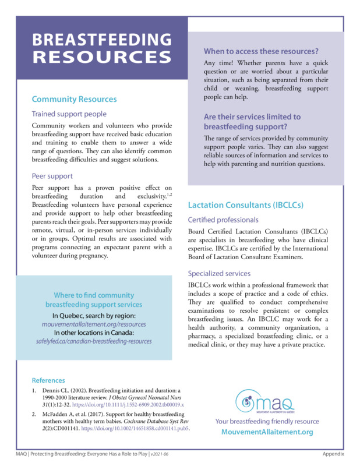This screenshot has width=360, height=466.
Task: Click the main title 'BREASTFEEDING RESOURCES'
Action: [101, 48]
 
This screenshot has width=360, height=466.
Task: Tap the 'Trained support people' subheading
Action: [69, 114]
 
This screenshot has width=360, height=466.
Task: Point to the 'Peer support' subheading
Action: [52, 175]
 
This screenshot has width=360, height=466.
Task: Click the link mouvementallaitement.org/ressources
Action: [94, 324]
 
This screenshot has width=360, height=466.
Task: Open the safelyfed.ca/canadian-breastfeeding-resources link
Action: [94, 341]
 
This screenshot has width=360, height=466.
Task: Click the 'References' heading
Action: [48, 380]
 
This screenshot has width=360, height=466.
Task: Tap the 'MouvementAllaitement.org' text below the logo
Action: [267, 432]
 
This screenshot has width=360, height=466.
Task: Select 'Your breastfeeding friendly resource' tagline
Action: [267, 421]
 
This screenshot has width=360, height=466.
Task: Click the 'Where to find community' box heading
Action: [94, 295]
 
